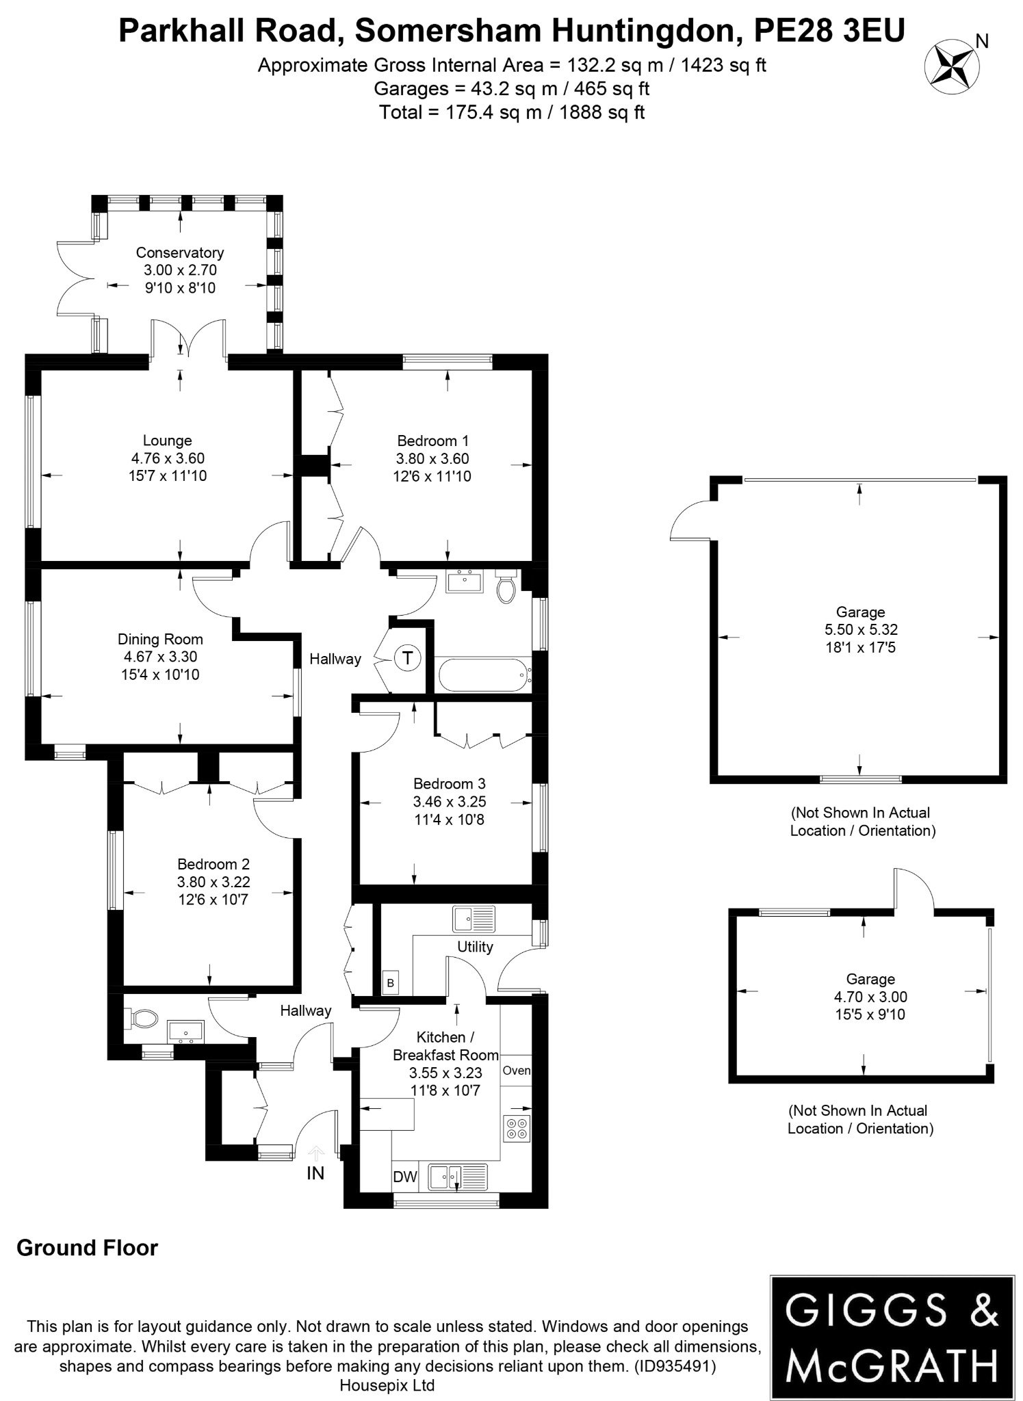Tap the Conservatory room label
pos(179,252)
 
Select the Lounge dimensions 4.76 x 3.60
pos(168,458)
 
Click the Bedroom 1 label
pos(432,441)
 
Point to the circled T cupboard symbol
pos(408,658)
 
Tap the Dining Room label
pos(160,639)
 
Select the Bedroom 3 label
pos(449,783)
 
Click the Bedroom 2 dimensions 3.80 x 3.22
pos(213,882)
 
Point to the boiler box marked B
pos(391,983)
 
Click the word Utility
pos(475,947)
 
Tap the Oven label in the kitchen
pos(516,1071)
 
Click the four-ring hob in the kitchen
pos(517,1128)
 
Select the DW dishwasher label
pos(405,1177)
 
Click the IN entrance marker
pos(315,1173)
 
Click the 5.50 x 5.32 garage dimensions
pos(860,629)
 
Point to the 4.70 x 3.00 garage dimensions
pos(870,997)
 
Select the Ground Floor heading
pos(87,1248)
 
